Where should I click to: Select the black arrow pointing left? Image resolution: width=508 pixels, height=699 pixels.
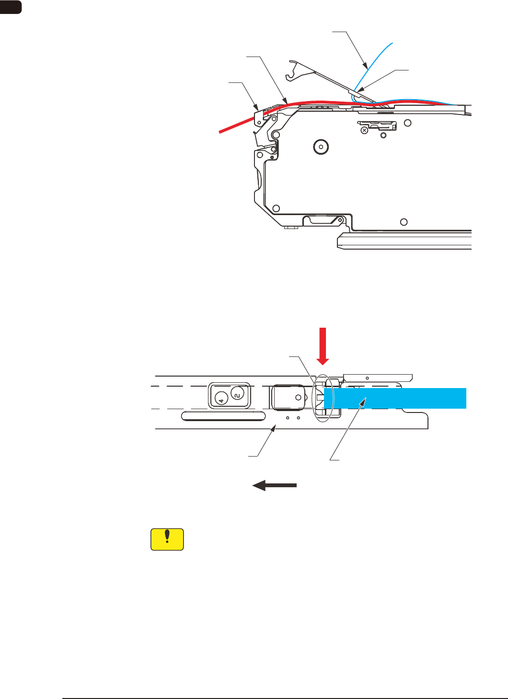click(x=274, y=485)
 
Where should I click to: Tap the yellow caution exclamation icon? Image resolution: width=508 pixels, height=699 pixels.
click(x=167, y=539)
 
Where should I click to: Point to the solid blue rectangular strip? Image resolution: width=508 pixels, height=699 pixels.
click(x=395, y=398)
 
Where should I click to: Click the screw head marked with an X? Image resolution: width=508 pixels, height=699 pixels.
click(x=364, y=130)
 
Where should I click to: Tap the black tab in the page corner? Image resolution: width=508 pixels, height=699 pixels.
click(x=11, y=7)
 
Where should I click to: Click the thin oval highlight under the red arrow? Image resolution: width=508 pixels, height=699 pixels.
click(x=323, y=398)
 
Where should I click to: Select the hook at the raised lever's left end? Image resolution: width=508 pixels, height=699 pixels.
click(x=289, y=75)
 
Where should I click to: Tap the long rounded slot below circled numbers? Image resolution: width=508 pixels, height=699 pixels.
click(x=224, y=415)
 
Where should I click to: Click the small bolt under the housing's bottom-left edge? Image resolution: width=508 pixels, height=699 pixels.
click(x=289, y=228)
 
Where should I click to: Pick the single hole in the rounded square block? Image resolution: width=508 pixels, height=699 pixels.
click(x=298, y=397)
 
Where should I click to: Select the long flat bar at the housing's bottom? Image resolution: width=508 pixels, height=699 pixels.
click(x=405, y=241)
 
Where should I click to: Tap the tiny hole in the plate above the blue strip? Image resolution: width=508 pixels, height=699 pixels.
click(x=367, y=377)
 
